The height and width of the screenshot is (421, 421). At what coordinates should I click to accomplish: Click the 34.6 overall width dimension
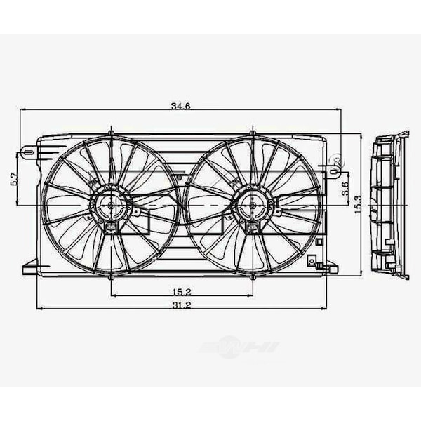[x=180, y=107]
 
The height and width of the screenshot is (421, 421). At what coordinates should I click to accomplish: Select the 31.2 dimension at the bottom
[x=180, y=305]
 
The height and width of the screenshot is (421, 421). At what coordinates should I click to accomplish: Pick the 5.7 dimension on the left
[x=14, y=178]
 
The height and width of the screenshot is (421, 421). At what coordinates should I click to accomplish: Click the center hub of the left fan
[x=111, y=204]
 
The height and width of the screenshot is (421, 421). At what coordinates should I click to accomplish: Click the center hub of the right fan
[x=252, y=204]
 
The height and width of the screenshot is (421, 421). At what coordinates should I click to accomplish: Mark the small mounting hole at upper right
[x=335, y=162]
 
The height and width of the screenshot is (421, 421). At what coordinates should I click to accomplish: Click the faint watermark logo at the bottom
[x=239, y=348]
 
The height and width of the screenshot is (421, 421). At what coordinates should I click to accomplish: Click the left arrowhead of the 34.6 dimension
[x=23, y=109]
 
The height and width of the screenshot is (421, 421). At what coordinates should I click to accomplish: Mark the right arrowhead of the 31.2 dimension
[x=324, y=308]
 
